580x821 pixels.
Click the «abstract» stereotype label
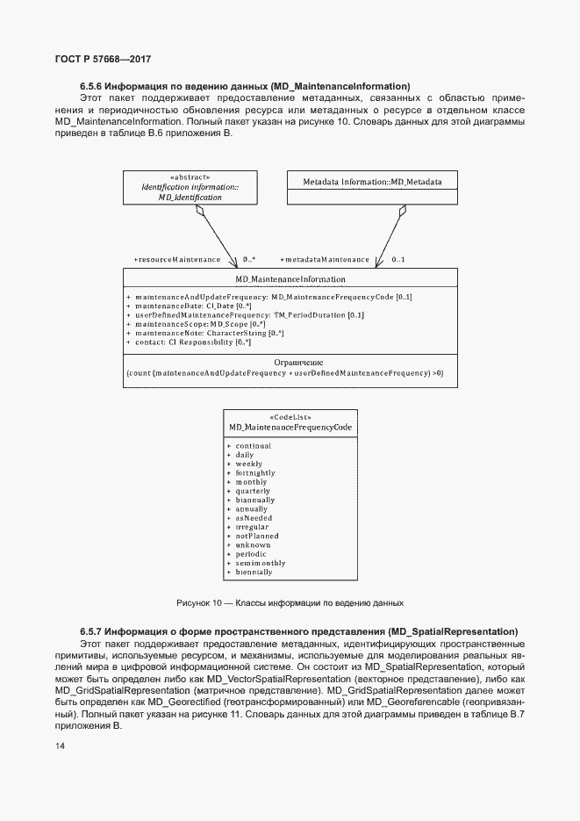pos(190,176)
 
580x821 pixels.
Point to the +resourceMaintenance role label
pos(177,260)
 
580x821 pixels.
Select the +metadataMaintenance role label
pos(325,260)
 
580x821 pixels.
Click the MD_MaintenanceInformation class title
pos(290,280)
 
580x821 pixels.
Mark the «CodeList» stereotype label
pos(290,417)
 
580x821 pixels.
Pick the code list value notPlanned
pos(256,536)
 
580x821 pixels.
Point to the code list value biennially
pos(254,573)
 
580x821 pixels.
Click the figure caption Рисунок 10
pos(290,603)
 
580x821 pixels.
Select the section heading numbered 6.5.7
pos(298,631)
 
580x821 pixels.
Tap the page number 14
pos(60,746)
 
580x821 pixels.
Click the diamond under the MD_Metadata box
pos(402,210)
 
